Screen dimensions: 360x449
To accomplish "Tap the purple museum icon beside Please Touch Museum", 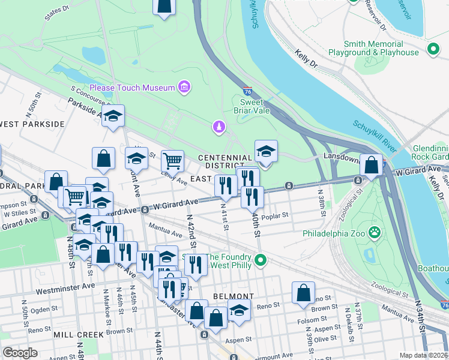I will point(184,88).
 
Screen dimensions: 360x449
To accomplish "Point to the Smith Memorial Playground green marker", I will point(432,48).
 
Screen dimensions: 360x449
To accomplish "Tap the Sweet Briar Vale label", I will point(252,106).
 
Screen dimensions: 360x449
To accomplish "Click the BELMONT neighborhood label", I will point(234,296).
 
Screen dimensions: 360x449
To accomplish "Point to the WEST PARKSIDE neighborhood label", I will point(32,124).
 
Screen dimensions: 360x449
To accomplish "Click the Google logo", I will point(20,352).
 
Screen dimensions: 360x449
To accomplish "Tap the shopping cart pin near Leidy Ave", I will point(172,160).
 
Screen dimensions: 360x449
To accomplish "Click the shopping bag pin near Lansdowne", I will point(371,164).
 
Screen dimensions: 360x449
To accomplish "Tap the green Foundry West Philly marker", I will point(261,260).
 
